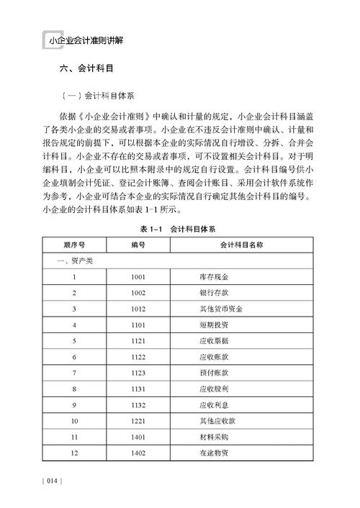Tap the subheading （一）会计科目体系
click(x=95, y=95)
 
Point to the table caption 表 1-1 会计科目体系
click(x=179, y=229)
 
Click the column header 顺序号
click(x=74, y=245)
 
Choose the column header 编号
click(x=139, y=245)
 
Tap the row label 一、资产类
click(x=67, y=261)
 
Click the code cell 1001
click(x=139, y=277)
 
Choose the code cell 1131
click(x=139, y=389)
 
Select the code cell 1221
click(x=139, y=420)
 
